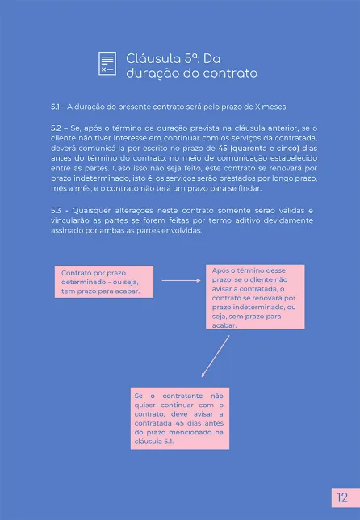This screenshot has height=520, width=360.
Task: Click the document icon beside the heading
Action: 107,64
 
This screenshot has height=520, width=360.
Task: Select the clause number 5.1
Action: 56,107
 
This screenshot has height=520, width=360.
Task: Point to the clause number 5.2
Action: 56,128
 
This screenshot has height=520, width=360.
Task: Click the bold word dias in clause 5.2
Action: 308,148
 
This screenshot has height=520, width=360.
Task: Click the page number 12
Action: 343,497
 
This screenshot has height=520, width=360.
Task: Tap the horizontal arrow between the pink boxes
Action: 182,281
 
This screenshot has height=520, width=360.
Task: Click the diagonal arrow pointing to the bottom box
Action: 217,355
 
